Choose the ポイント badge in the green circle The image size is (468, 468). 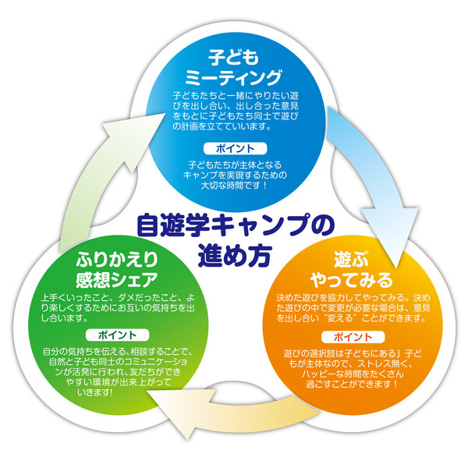tap(118, 335)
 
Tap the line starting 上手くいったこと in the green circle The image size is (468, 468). tap(118, 297)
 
